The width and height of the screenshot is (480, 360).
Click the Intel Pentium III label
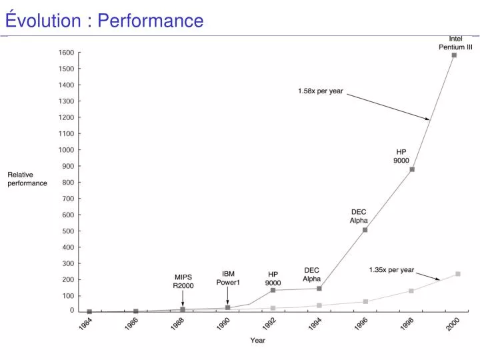pyautogui.click(x=455, y=43)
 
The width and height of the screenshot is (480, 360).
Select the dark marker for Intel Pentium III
pyautogui.click(x=454, y=55)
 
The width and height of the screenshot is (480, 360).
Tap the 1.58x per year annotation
pyautogui.click(x=320, y=91)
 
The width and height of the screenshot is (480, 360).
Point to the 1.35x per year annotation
pyautogui.click(x=391, y=270)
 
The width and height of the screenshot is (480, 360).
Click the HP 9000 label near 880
pyautogui.click(x=401, y=156)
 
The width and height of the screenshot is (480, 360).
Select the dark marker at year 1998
pyautogui.click(x=412, y=169)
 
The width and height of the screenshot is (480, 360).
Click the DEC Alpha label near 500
pyautogui.click(x=359, y=216)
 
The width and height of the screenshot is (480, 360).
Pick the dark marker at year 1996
pyautogui.click(x=365, y=230)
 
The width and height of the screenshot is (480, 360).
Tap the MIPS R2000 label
pyautogui.click(x=183, y=281)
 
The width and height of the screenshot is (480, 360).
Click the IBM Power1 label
pyautogui.click(x=227, y=277)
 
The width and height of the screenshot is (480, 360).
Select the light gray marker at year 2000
pyautogui.click(x=457, y=274)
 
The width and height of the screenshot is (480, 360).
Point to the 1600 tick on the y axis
pyautogui.click(x=66, y=52)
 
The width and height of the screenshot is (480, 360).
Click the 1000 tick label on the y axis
pyautogui.click(x=66, y=150)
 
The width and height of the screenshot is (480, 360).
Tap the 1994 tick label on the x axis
pyautogui.click(x=315, y=325)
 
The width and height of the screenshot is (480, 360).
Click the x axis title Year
pyautogui.click(x=257, y=341)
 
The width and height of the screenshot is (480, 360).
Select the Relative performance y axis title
pyautogui.click(x=27, y=179)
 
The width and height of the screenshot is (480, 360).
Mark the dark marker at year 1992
pyautogui.click(x=273, y=291)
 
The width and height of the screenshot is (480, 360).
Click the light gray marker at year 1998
pyautogui.click(x=411, y=291)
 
